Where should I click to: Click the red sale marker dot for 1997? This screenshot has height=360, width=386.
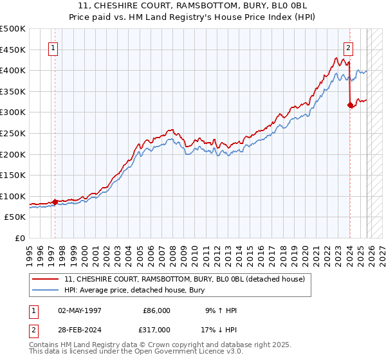point(55,202)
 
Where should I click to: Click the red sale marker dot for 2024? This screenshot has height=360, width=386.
point(350,105)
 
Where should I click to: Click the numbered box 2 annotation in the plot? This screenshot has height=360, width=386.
point(348,47)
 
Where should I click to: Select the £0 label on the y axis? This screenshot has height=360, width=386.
point(19,238)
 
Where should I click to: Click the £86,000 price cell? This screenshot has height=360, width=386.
point(156,310)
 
